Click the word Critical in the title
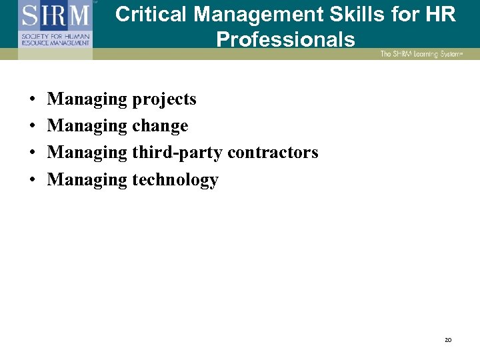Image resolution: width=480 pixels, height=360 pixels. tap(151, 15)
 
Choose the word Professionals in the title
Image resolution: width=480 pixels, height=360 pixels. tap(285, 39)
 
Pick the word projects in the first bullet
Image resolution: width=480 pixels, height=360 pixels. tap(164, 100)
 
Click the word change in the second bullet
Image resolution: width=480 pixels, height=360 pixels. tap(160, 127)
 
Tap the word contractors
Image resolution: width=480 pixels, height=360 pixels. tap(273, 153)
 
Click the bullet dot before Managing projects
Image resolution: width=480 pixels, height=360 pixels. tap(32, 100)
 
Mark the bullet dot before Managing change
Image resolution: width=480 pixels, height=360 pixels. tap(32, 127)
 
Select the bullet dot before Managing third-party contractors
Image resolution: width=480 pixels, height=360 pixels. tap(32, 153)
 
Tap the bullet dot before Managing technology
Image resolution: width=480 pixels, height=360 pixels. tap(32, 180)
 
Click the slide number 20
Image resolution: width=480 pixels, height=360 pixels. tap(448, 340)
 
